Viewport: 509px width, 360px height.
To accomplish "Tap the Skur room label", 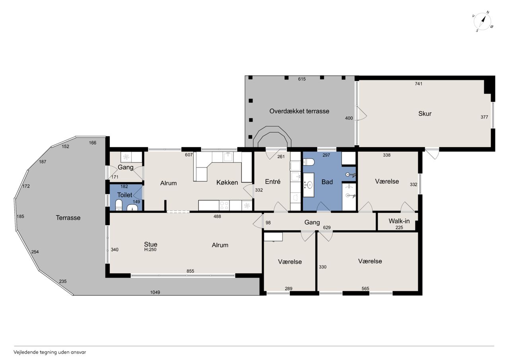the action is tap(425, 114).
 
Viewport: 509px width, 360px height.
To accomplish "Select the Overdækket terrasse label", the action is tap(299, 111).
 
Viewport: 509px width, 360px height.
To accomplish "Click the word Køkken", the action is tap(227, 183).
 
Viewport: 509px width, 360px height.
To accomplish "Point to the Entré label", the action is tap(273, 181).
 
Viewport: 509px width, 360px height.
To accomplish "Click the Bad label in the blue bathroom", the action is tap(327, 182).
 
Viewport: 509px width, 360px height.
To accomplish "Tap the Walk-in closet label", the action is tap(399, 221).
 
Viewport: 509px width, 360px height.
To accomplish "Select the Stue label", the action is tap(150, 244).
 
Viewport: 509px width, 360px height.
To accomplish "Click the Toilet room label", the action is tap(124, 195).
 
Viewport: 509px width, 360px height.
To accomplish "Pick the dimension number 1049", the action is tap(155, 292).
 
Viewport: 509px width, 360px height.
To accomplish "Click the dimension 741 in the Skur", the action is tap(418, 84).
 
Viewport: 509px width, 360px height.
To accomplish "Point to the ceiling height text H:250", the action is tap(150, 249).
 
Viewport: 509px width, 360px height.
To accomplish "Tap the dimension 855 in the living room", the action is tap(190, 271).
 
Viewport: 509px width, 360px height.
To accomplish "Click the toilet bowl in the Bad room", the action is tap(309, 162).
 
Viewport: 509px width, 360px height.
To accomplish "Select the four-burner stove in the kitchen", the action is tap(224, 205).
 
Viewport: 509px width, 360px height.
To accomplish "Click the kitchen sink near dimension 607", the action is tap(228, 156).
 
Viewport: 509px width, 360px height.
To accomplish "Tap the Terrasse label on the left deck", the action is tap(68, 218).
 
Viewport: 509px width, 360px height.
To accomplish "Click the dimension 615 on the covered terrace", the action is tap(302, 79).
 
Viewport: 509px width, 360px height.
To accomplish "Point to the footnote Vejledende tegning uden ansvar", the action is tap(50, 352).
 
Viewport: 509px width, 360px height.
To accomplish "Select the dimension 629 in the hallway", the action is tap(327, 228).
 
